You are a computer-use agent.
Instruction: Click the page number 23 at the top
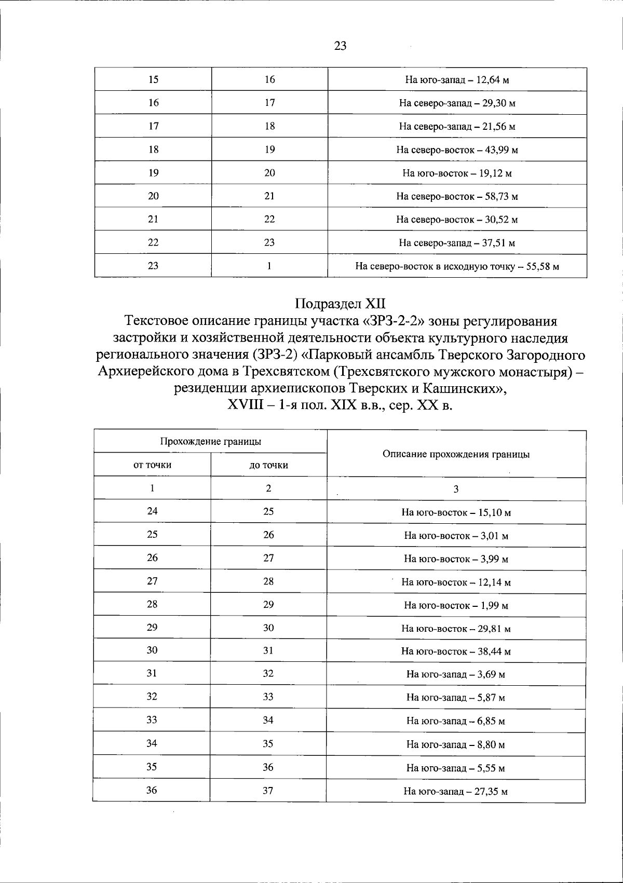click(x=340, y=46)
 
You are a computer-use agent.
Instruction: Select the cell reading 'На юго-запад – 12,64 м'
click(x=457, y=80)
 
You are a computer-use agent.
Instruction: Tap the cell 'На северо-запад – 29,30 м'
click(x=457, y=103)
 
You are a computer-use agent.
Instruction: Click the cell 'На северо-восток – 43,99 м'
click(x=457, y=150)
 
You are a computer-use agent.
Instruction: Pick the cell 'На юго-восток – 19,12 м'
click(x=457, y=173)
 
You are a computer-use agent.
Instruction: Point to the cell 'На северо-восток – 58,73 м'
click(x=457, y=197)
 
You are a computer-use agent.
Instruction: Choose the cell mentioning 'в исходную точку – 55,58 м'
click(x=457, y=267)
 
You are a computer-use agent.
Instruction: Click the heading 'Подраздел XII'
click(x=341, y=303)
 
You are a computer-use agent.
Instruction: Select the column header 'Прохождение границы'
click(x=210, y=442)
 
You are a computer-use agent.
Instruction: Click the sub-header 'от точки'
click(x=153, y=465)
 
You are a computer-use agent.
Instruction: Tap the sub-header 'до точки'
click(x=268, y=465)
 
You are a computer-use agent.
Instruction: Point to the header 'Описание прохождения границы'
click(x=456, y=454)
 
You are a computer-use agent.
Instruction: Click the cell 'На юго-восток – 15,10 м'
click(x=456, y=512)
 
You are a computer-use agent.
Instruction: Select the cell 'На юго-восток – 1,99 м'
click(x=456, y=605)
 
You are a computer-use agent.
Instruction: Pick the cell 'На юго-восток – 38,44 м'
click(x=456, y=651)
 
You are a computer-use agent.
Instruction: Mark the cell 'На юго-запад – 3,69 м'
click(x=456, y=674)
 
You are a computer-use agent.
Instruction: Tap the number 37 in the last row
click(x=268, y=791)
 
